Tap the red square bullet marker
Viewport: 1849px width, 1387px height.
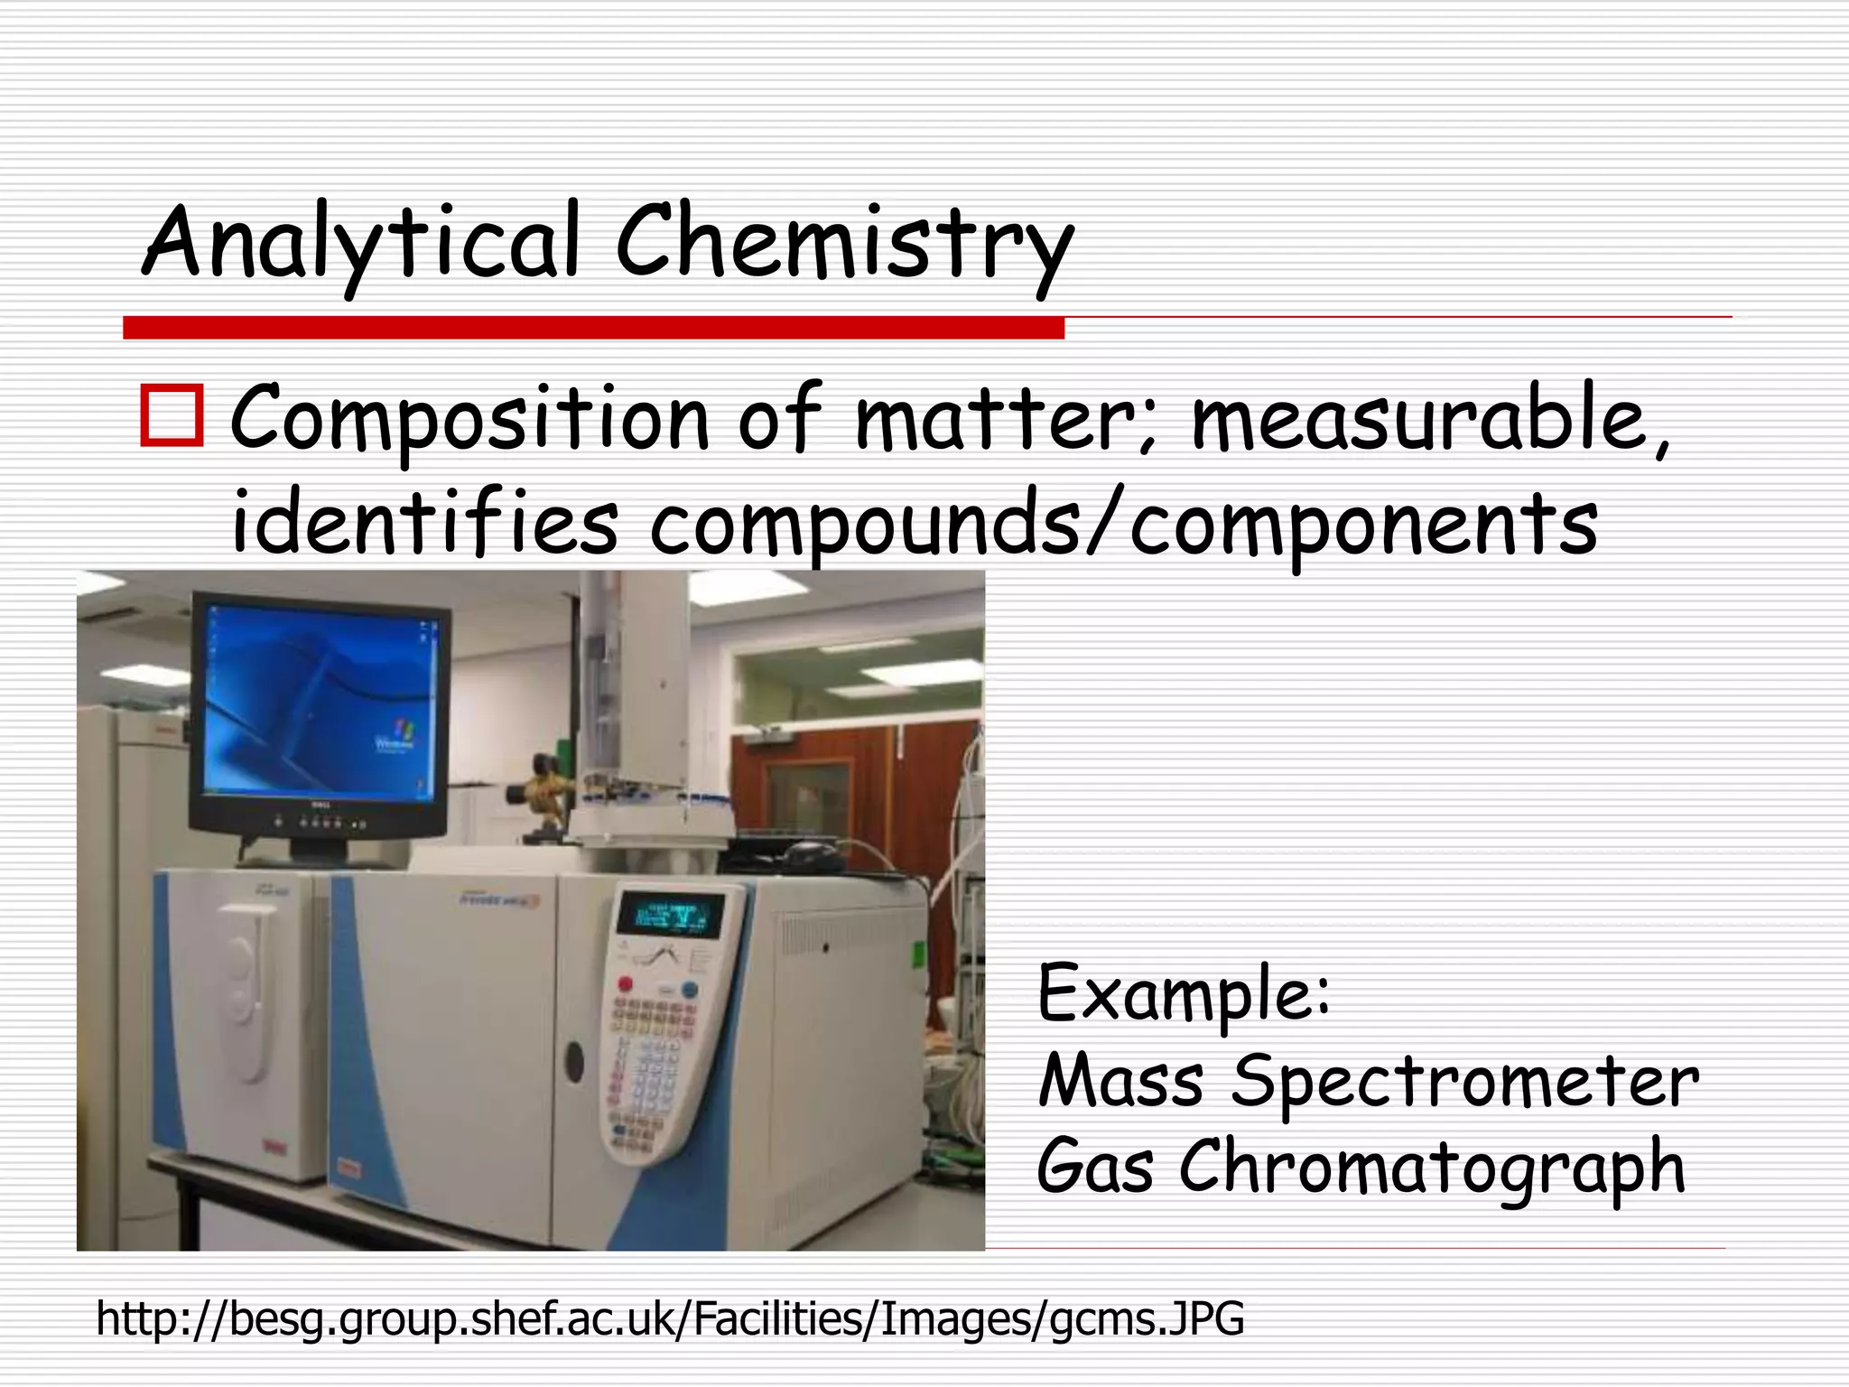coord(172,416)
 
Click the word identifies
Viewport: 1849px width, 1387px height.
coord(424,524)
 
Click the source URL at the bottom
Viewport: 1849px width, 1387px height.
coord(670,1318)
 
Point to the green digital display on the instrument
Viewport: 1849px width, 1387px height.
coord(669,916)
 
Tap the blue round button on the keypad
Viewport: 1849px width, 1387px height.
coord(689,989)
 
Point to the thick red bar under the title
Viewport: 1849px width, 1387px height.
coord(593,328)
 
